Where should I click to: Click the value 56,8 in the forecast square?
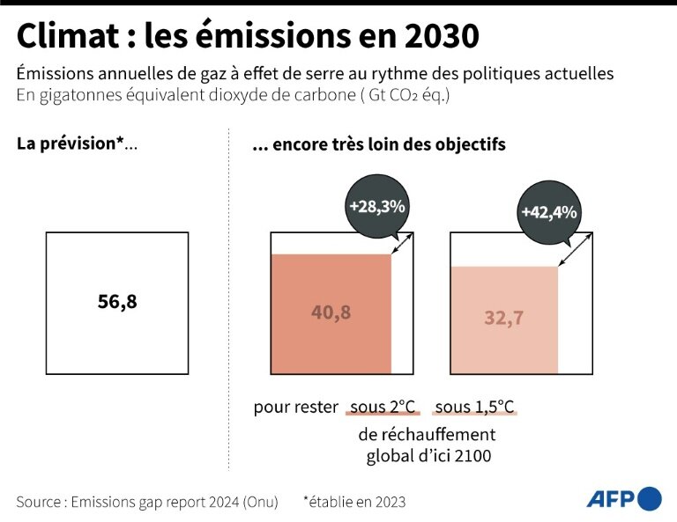[x=117, y=302]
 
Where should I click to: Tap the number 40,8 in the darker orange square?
[x=331, y=312]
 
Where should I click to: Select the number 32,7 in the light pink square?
[x=504, y=319]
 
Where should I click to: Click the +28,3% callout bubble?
[x=376, y=207]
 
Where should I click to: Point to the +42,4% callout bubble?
[x=548, y=212]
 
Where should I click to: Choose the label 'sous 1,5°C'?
[x=474, y=407]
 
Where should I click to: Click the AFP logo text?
[x=611, y=499]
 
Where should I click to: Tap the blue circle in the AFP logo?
[x=650, y=498]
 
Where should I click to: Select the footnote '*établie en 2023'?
[x=353, y=502]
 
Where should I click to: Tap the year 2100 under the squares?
[x=474, y=456]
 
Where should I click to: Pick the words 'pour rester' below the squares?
[x=295, y=407]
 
